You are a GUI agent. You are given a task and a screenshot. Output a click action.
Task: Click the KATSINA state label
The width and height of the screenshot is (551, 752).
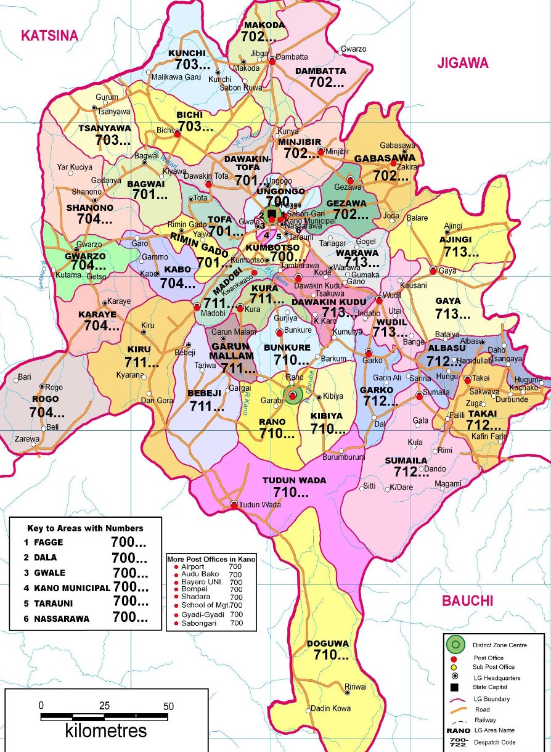tap(49, 36)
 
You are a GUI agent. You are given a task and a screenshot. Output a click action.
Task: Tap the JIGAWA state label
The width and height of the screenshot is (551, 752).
tap(462, 63)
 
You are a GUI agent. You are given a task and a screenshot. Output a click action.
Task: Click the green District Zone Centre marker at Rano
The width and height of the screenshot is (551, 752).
tap(293, 394)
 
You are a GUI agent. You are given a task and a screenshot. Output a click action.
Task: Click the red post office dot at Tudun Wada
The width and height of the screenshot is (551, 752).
tap(234, 505)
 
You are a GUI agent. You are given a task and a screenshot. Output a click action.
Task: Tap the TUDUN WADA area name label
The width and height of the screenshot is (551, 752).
tap(295, 480)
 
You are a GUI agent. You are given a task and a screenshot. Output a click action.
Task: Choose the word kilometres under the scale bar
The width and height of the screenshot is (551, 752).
tap(106, 732)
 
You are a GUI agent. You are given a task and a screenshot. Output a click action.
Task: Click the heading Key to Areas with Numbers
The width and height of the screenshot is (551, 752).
tap(85, 528)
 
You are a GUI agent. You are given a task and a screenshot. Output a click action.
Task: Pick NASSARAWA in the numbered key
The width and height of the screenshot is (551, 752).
tap(61, 618)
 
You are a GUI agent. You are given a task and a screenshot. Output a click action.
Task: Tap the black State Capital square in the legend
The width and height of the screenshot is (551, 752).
tap(455, 687)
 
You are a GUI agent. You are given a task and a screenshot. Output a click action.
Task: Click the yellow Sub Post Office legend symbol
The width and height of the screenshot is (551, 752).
tap(455, 667)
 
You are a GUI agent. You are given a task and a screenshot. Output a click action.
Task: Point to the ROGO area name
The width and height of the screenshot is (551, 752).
tap(45, 399)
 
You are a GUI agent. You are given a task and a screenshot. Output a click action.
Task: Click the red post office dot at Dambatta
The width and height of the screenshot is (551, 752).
tap(272, 60)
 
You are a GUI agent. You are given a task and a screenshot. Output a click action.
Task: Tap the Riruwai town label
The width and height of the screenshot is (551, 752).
tap(356, 687)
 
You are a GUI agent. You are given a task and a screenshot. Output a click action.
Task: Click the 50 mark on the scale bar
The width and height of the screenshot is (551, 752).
tap(168, 706)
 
